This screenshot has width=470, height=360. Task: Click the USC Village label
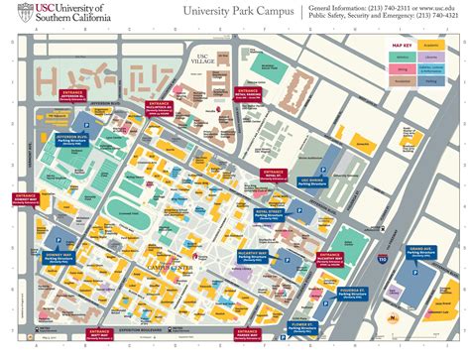point(206,59)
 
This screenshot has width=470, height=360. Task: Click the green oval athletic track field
point(124,208)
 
